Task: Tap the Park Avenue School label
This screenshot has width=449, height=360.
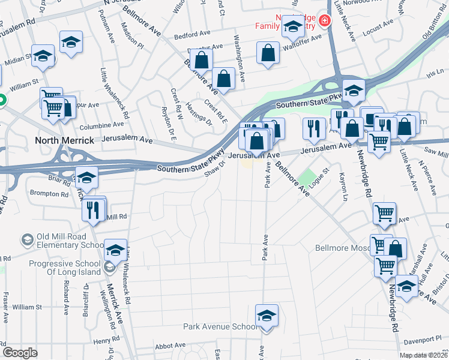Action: [x=220, y=327]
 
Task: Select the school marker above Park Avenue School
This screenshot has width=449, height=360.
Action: [x=267, y=316]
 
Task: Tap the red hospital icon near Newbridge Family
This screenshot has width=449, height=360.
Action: [x=325, y=21]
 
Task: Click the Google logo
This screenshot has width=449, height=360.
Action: [x=20, y=352]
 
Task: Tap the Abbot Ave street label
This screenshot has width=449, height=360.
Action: [x=170, y=346]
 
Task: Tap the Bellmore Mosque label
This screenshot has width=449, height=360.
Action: [x=343, y=247]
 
